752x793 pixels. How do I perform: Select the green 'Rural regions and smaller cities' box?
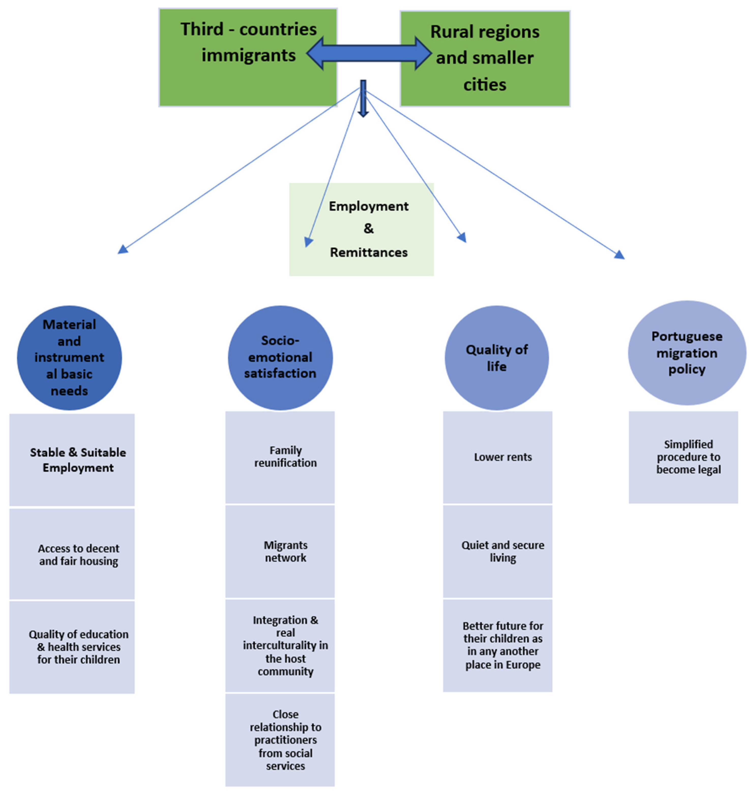click(x=485, y=58)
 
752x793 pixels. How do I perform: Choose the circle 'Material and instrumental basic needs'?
click(x=69, y=357)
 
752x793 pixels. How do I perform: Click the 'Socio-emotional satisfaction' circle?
click(x=280, y=357)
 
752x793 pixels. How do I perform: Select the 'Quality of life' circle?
click(x=497, y=357)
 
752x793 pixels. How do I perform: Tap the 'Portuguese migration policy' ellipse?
click(x=687, y=353)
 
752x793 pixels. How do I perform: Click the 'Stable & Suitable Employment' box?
click(x=72, y=460)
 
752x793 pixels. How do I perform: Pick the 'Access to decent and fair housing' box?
click(x=72, y=554)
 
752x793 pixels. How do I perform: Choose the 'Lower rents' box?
click(x=497, y=457)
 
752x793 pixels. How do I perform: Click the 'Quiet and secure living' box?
click(x=497, y=551)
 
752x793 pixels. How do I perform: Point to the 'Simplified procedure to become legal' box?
click(x=683, y=457)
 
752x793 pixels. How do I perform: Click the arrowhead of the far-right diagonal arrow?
click(x=620, y=255)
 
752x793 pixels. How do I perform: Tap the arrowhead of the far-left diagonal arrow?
click(x=122, y=250)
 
